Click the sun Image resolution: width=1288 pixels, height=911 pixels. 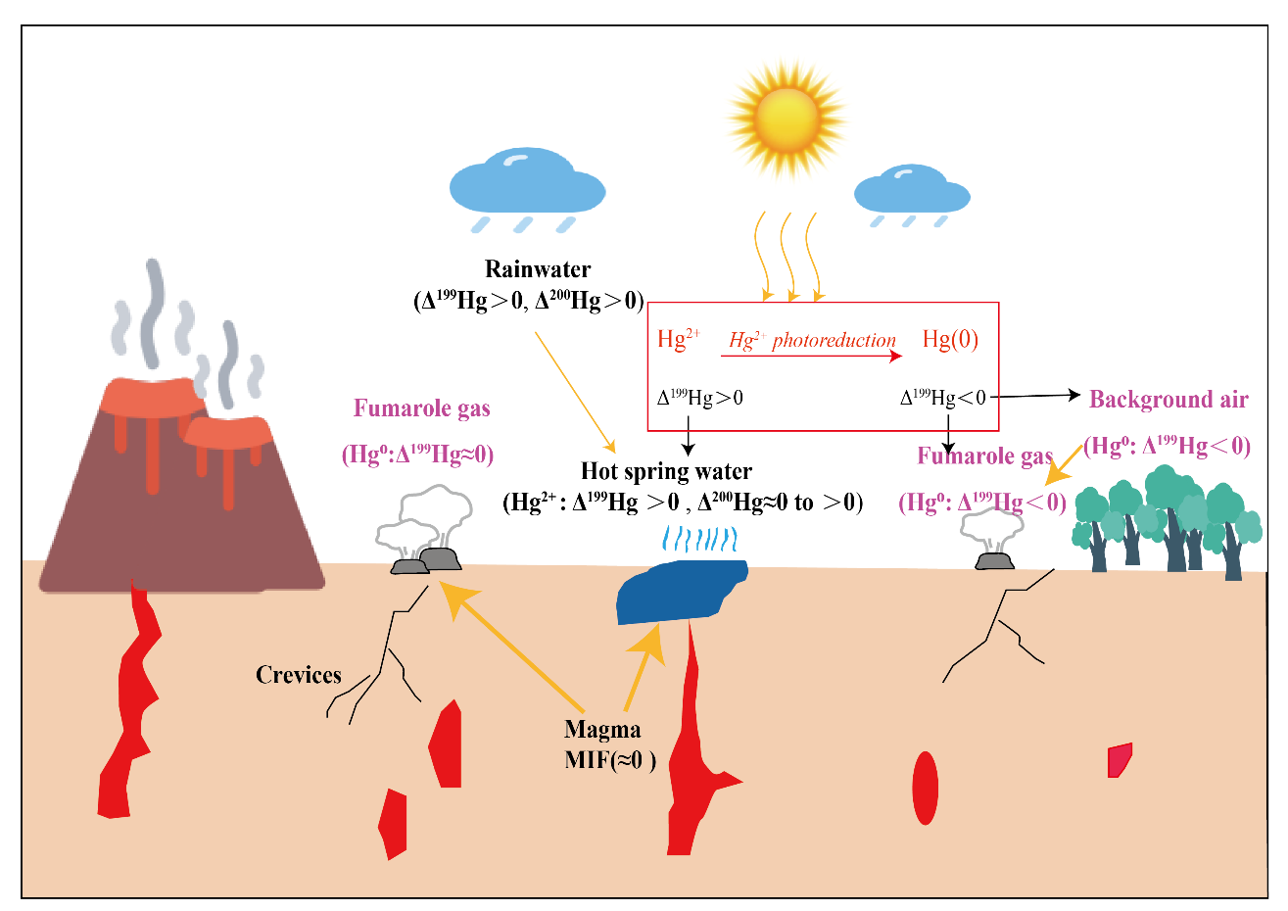(x=787, y=120)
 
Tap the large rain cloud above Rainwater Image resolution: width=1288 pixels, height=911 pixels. (x=526, y=183)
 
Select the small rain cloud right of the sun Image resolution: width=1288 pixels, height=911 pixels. (x=911, y=190)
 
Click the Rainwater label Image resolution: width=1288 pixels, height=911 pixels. (x=538, y=269)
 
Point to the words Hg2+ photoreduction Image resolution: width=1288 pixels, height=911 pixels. (x=812, y=341)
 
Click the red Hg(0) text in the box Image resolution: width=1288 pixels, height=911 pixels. (x=950, y=340)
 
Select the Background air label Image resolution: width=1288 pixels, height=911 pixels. (x=1169, y=400)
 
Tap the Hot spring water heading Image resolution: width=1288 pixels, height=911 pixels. (x=666, y=472)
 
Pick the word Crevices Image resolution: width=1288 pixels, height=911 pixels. (x=299, y=675)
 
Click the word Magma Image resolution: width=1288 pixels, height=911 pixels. (x=602, y=730)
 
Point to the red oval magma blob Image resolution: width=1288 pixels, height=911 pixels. (x=925, y=788)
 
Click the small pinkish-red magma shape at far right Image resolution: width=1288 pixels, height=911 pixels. (x=1119, y=760)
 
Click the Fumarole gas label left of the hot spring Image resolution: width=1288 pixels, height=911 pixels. (x=421, y=408)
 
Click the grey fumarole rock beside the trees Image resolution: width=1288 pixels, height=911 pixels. (x=993, y=561)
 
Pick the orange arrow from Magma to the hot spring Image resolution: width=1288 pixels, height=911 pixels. (x=643, y=666)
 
